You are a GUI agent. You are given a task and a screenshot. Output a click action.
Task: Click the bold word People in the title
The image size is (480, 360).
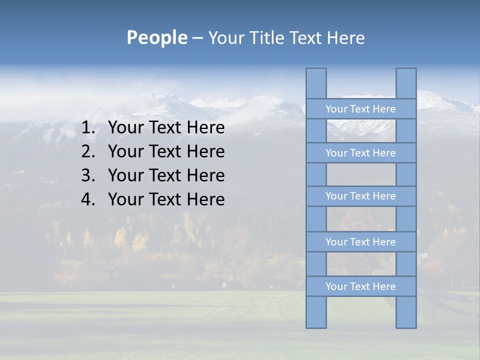coord(156,38)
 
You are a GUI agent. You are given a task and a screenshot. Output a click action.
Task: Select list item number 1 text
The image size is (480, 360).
coord(166,128)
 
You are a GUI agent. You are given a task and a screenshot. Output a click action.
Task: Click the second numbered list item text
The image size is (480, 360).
coord(166,151)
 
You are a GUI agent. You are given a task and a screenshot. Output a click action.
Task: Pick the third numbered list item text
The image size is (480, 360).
coord(166,175)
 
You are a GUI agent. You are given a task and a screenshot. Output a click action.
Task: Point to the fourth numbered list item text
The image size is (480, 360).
coord(166,199)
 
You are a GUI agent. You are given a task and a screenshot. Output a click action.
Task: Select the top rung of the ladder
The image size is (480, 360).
coord(360,109)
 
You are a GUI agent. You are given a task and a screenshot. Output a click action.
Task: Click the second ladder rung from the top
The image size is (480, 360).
coord(360,153)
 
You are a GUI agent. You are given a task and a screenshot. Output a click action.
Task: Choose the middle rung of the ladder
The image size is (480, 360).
coord(360,196)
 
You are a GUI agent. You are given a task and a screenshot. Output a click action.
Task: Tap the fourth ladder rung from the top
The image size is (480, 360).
coord(360,242)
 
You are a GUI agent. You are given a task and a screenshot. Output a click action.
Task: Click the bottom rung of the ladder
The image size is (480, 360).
coord(360,286)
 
